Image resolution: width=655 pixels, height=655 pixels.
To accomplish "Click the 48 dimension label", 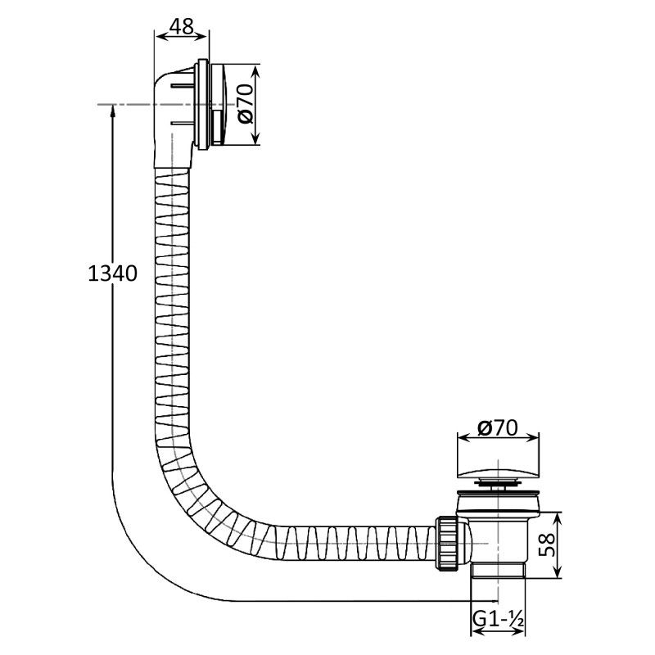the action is point(183,26).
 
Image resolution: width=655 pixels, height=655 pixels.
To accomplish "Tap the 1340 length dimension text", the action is point(112,274).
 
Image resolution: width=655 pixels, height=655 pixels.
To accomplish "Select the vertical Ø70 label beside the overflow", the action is point(246,104).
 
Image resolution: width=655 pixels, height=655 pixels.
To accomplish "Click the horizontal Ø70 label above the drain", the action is point(497,427).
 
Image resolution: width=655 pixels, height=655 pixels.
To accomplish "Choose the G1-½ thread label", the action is point(498,619).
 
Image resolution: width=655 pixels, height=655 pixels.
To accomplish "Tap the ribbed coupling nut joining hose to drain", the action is point(446,543).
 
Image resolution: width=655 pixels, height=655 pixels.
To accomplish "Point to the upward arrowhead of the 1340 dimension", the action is point(112,111).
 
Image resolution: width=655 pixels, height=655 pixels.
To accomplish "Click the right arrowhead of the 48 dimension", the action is point(201,37).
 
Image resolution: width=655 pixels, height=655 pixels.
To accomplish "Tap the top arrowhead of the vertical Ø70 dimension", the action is point(256,71).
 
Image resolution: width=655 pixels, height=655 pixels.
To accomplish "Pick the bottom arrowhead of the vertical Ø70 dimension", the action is point(256,138).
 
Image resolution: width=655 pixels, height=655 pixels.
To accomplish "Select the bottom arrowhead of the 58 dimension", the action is point(558,571).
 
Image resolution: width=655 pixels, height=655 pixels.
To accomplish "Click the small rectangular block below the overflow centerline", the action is point(218,125).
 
